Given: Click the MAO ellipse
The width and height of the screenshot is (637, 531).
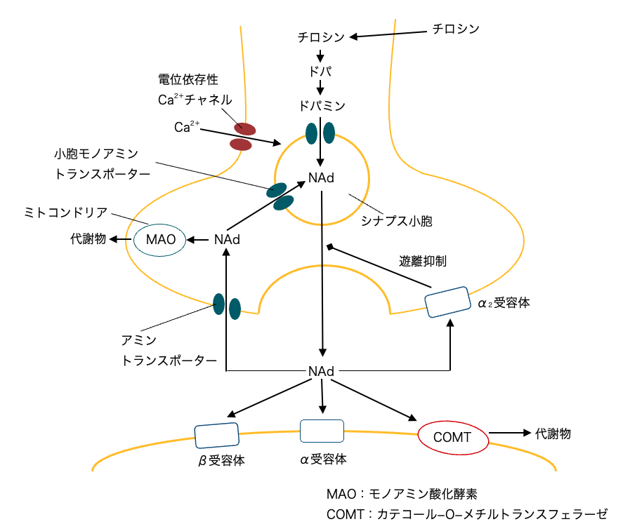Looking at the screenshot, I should (x=156, y=240).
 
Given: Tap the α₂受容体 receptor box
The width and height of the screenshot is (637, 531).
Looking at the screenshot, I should (x=448, y=301).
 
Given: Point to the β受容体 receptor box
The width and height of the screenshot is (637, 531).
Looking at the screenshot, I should (x=216, y=436).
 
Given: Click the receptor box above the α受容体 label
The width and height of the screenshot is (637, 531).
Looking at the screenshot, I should (x=322, y=431).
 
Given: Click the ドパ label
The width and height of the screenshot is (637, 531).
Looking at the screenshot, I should (x=320, y=71).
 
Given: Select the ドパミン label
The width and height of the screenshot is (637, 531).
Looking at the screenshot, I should (x=320, y=105).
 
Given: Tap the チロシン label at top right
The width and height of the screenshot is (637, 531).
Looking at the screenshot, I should (x=456, y=29).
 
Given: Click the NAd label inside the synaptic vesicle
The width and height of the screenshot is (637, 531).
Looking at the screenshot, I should (x=320, y=179).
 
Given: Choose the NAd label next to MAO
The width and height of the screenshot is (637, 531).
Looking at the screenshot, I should (x=227, y=240).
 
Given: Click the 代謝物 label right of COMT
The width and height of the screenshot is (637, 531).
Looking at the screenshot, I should (x=553, y=434).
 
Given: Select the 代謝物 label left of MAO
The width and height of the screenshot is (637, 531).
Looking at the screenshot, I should (x=88, y=239).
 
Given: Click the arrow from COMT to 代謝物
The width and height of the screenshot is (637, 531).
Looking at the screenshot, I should (x=508, y=434).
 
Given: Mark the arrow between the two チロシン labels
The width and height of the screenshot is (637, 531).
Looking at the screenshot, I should (x=389, y=34).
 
